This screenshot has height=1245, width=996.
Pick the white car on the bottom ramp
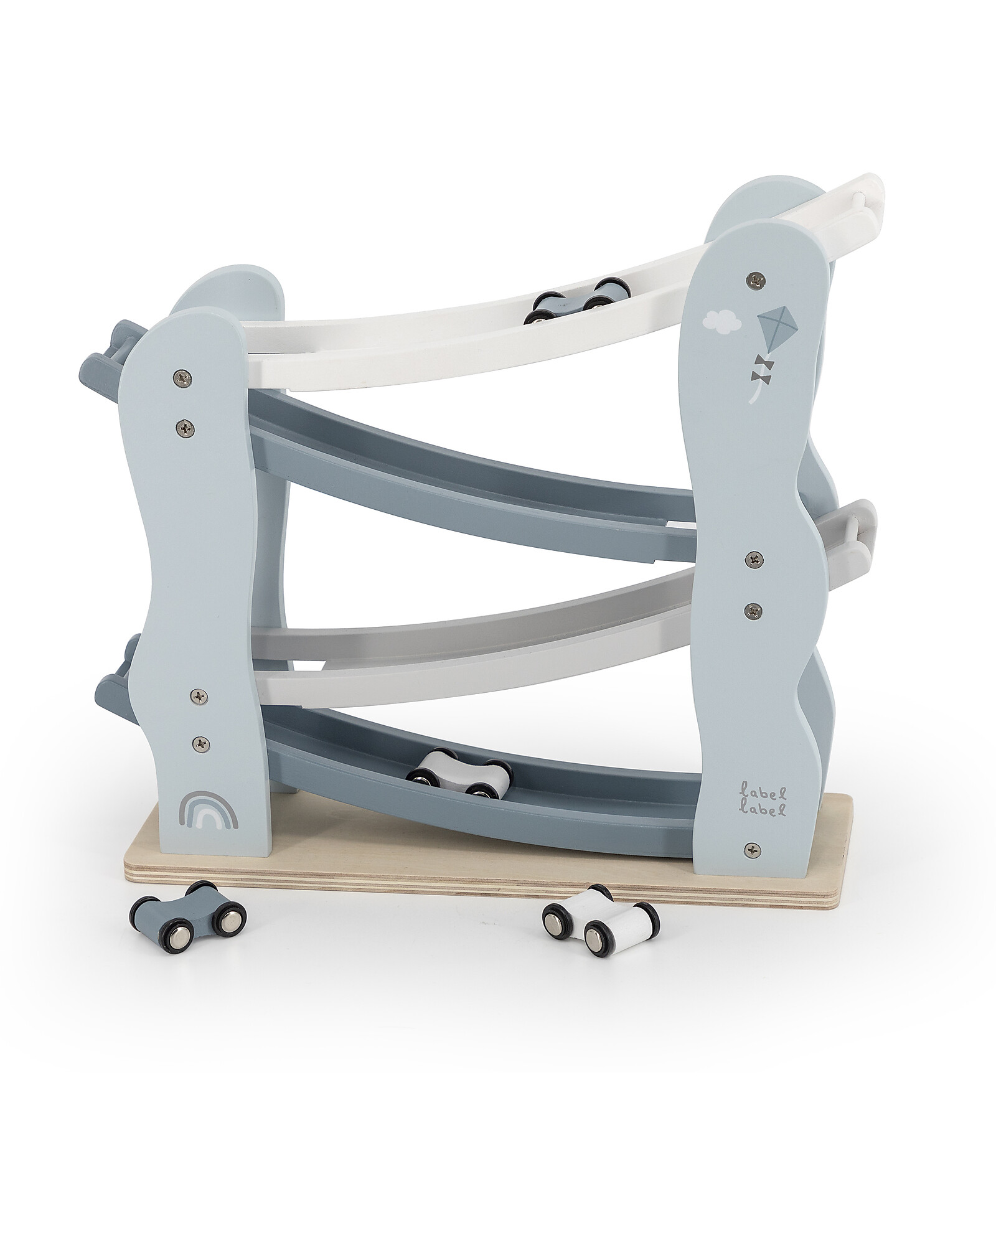pos(459,773)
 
